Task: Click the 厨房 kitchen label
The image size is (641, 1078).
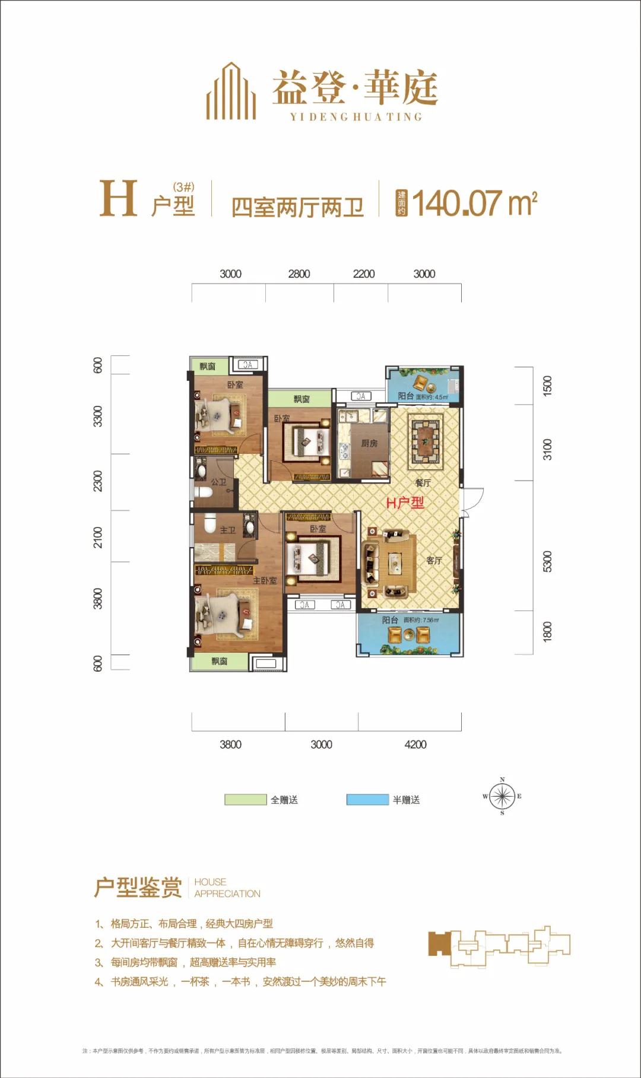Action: (x=369, y=443)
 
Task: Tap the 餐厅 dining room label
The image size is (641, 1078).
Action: (x=423, y=483)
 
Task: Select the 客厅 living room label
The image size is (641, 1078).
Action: (x=434, y=560)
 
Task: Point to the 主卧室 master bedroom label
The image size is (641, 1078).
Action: (x=265, y=580)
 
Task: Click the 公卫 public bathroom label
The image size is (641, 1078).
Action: (x=218, y=482)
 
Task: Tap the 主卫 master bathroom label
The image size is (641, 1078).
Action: (x=228, y=530)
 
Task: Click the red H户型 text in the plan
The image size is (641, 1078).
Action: (x=405, y=503)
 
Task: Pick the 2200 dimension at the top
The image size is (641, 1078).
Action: (x=363, y=274)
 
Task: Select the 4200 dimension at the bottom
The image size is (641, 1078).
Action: (x=415, y=745)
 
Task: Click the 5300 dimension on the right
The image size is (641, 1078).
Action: (x=547, y=561)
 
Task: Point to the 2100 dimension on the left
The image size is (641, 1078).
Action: (x=98, y=537)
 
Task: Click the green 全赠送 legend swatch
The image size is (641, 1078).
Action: (x=245, y=800)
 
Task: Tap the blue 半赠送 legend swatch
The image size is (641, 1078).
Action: (x=367, y=800)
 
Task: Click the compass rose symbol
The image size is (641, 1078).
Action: (x=502, y=796)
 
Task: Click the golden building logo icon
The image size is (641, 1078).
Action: (x=231, y=91)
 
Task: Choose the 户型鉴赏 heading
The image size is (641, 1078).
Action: (x=138, y=888)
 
